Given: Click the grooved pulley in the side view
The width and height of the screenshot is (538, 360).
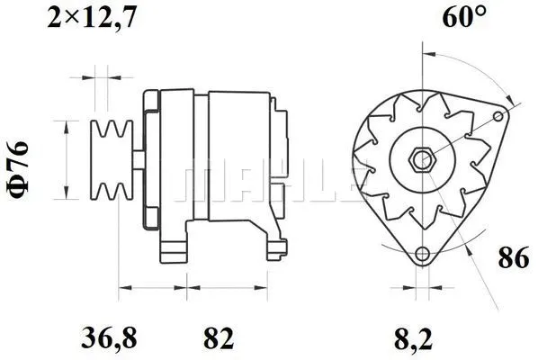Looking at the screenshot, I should point(112,159).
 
